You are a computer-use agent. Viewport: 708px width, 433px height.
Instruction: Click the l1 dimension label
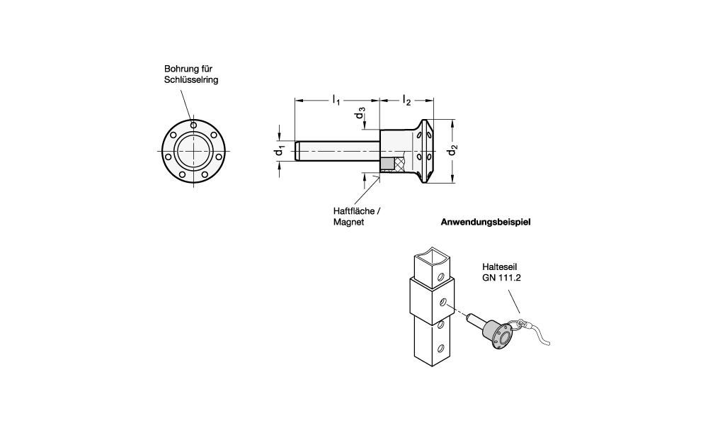[x=336, y=100]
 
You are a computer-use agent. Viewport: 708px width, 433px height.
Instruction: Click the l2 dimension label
[x=406, y=100]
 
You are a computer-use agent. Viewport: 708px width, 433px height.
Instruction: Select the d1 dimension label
[x=280, y=150]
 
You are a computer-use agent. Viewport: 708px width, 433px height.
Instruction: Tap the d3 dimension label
[x=360, y=113]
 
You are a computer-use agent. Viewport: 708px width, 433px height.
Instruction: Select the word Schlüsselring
[x=191, y=80]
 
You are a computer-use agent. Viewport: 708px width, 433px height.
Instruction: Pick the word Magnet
[x=348, y=222]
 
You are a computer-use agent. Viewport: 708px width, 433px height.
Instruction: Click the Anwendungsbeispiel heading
[x=486, y=222]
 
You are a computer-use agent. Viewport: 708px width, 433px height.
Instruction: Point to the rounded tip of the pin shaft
[x=297, y=150]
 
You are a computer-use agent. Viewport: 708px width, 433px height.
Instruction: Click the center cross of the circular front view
[x=194, y=150]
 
